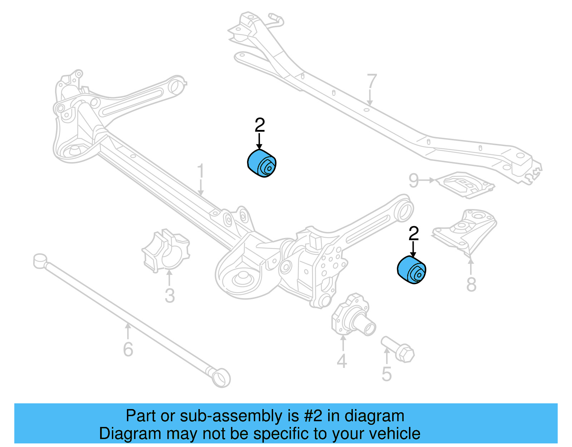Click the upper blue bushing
click(262, 164)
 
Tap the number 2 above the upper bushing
click(260, 125)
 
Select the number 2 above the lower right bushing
click(413, 234)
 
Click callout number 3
click(169, 296)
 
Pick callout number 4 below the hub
click(342, 361)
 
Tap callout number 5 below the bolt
click(387, 374)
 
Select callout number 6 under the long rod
click(128, 349)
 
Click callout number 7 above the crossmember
click(372, 82)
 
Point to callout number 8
click(471, 285)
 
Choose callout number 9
click(414, 180)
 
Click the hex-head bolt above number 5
click(398, 349)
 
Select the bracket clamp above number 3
click(166, 251)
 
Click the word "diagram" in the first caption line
click(374, 416)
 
